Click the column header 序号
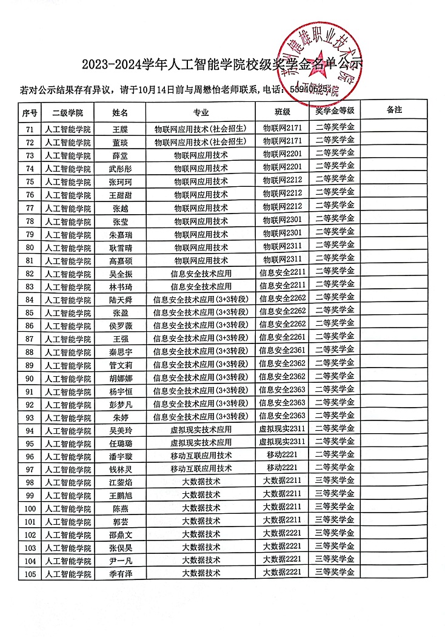click(30, 112)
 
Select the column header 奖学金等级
click(335, 111)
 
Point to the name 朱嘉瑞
click(120, 234)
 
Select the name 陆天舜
click(120, 300)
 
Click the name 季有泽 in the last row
click(120, 573)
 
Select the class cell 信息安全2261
click(282, 337)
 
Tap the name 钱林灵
click(120, 469)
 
